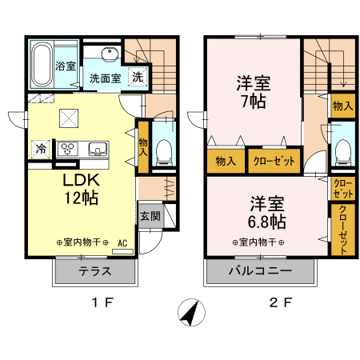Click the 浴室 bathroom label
pyautogui.click(x=65, y=67)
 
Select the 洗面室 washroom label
pyautogui.click(x=105, y=78)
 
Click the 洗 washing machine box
pyautogui.click(x=138, y=78)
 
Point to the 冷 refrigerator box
pyautogui.click(x=40, y=148)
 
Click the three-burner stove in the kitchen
pyautogui.click(x=67, y=148)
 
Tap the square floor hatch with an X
pyautogui.click(x=70, y=119)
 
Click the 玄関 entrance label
pyautogui.click(x=150, y=215)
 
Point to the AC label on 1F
pyautogui.click(x=123, y=242)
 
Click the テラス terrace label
pyautogui.click(x=94, y=272)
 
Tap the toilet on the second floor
pyautogui.click(x=342, y=150)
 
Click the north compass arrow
pyautogui.click(x=189, y=312)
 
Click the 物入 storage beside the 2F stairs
pyautogui.click(x=342, y=106)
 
